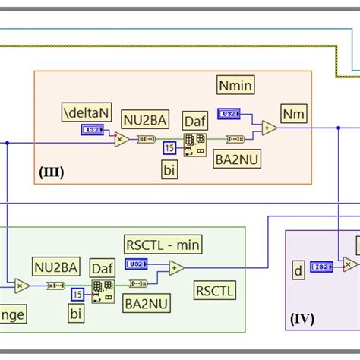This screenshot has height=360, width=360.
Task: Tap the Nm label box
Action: pyautogui.click(x=292, y=114)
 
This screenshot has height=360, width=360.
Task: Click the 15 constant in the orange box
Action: pyautogui.click(x=170, y=146)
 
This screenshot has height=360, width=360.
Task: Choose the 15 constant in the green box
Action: pyautogui.click(x=77, y=294)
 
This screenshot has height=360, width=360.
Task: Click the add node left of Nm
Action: pyautogui.click(x=269, y=128)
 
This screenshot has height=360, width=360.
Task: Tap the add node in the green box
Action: pyautogui.click(x=176, y=267)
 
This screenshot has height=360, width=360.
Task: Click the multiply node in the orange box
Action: pyautogui.click(x=121, y=139)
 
